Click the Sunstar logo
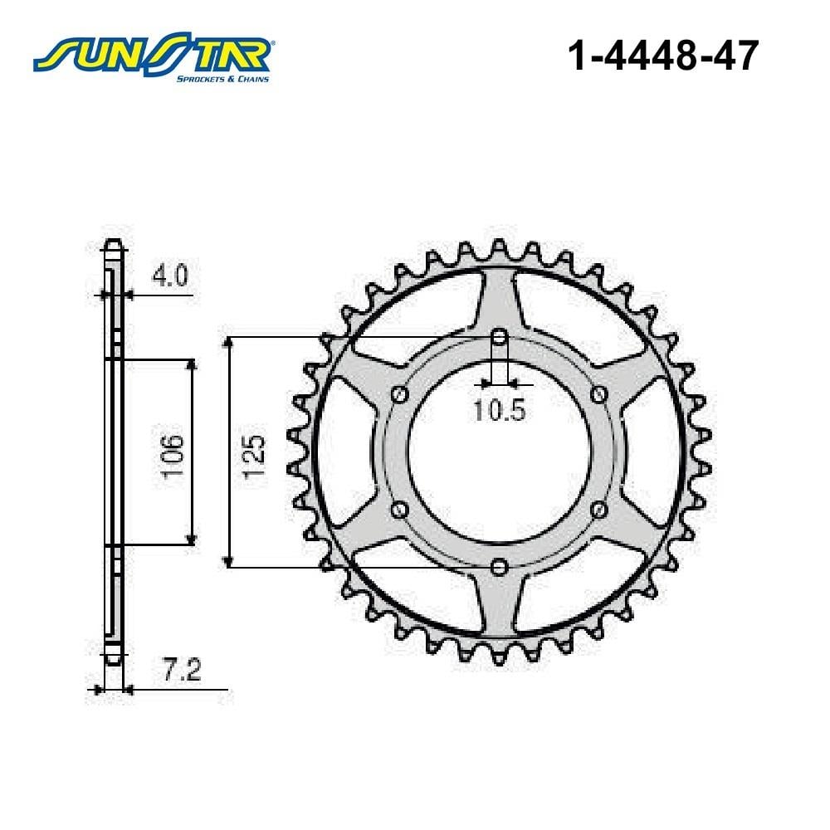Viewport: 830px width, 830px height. [x=153, y=58]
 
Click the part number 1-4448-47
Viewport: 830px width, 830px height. [x=663, y=56]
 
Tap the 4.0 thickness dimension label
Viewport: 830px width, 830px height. [x=170, y=276]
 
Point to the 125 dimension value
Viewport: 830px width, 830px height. [x=254, y=456]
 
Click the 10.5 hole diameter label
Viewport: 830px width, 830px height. [x=500, y=410]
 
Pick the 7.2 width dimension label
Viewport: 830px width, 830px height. [x=182, y=671]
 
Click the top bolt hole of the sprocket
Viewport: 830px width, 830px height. [x=499, y=337]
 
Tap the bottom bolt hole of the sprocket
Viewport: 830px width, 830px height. [x=498, y=567]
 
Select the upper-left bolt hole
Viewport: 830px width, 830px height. [x=400, y=393]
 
